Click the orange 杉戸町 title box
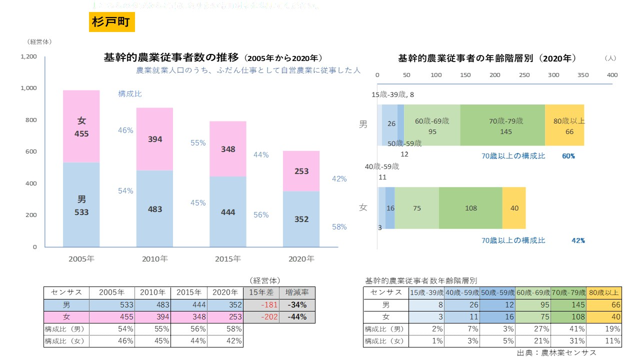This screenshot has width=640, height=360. click(x=111, y=22)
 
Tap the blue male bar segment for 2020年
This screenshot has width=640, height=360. click(x=301, y=219)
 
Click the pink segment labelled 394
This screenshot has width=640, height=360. click(x=155, y=139)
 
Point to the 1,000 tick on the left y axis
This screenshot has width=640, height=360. click(x=28, y=88)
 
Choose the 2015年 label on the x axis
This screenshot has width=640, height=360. click(x=228, y=259)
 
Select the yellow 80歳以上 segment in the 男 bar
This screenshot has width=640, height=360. click(x=564, y=125)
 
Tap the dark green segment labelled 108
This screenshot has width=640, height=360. click(x=470, y=208)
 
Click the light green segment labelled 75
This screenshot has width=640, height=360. click(x=417, y=208)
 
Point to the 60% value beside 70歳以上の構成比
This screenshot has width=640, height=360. click(x=568, y=156)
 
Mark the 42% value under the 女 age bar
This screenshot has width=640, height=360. click(x=578, y=240)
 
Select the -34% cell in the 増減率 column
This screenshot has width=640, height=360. click(x=297, y=305)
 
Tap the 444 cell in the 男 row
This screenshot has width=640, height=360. click(x=190, y=305)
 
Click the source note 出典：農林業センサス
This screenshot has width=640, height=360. click(x=556, y=352)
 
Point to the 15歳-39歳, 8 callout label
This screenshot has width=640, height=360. click(x=392, y=94)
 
